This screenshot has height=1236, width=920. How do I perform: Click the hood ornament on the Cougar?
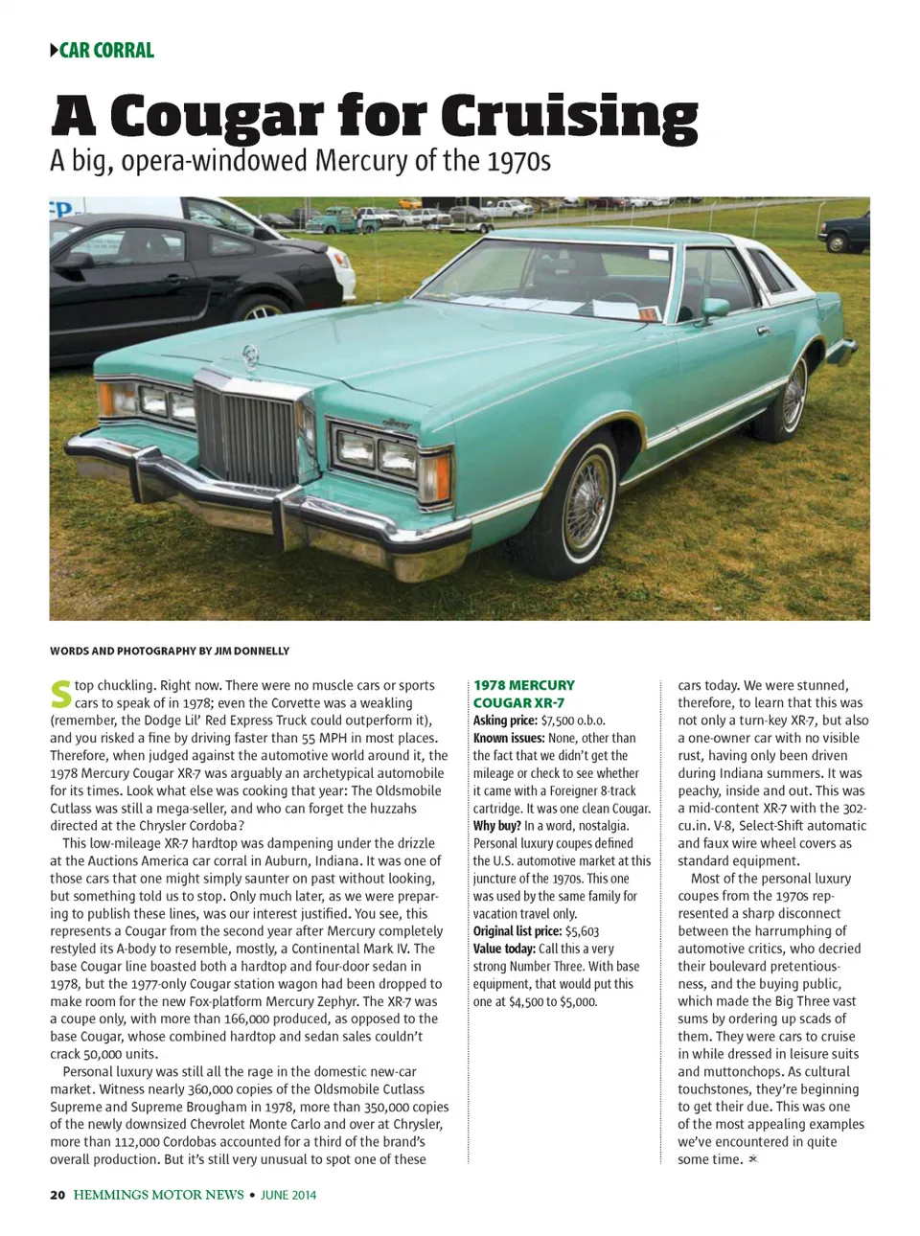[251, 355]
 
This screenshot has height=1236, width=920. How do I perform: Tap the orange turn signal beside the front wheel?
[435, 477]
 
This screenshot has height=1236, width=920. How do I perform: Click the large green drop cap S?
[60, 695]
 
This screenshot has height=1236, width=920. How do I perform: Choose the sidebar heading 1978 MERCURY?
[524, 685]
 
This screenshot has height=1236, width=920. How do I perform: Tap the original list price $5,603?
[582, 931]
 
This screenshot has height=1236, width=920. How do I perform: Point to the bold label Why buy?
[496, 826]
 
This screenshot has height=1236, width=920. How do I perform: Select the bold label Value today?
[504, 949]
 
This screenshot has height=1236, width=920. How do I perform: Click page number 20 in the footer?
[57, 1195]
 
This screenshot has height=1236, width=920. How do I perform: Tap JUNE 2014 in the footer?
[287, 1195]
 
